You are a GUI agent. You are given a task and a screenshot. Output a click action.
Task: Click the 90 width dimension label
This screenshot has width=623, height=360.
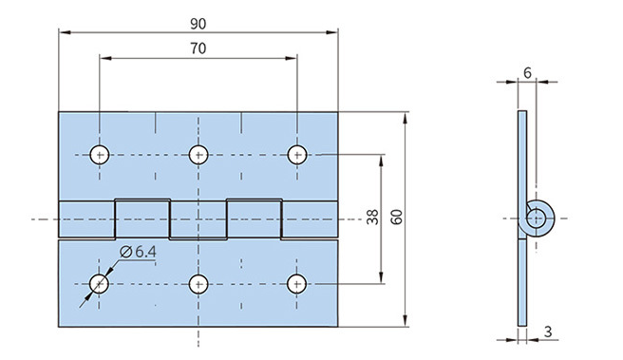[x=198, y=24]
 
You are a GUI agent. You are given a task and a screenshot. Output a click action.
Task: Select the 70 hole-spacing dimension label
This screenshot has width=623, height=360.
[x=198, y=48]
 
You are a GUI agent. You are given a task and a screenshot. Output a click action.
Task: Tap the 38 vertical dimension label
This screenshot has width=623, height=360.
[x=372, y=218]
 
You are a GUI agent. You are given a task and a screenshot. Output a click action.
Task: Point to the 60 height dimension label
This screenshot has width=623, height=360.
[x=397, y=217]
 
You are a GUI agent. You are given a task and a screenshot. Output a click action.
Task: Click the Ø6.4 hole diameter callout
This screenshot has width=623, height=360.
[x=138, y=252]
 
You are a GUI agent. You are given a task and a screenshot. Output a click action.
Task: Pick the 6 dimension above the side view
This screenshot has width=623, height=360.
[x=527, y=73]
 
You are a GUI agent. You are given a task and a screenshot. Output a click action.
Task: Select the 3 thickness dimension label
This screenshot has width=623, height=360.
[x=548, y=332]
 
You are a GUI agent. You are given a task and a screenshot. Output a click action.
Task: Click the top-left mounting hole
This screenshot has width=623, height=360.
[x=100, y=155]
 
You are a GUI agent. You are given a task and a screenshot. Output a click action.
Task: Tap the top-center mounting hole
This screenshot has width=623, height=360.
[x=198, y=155]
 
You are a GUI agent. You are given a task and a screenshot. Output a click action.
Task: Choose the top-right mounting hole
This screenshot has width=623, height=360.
[x=297, y=155]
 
